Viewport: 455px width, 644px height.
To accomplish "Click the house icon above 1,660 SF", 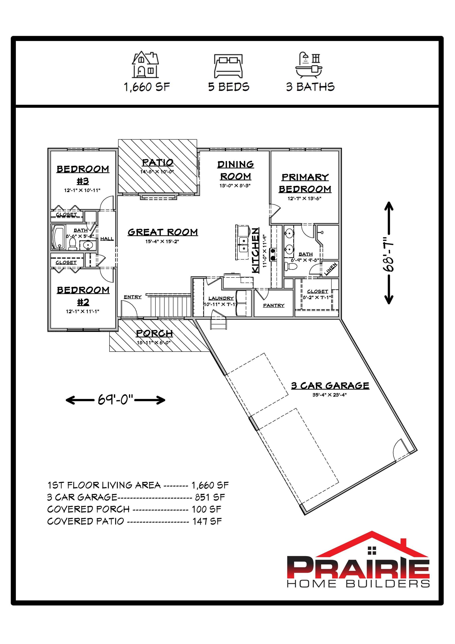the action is click(x=146, y=64).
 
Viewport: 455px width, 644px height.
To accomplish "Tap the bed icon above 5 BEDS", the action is click(x=228, y=66).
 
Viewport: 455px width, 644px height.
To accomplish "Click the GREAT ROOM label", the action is click(x=163, y=232).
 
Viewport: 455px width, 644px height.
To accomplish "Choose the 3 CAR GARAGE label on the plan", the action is click(x=330, y=386).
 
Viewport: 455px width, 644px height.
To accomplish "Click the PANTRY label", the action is click(x=274, y=305).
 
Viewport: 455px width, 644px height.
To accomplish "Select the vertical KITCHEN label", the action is click(x=255, y=250).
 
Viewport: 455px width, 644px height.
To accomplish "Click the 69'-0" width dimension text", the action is click(x=115, y=399).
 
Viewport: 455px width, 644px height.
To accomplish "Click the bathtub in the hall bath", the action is click(x=58, y=238).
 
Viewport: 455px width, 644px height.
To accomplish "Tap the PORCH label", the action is click(x=154, y=334).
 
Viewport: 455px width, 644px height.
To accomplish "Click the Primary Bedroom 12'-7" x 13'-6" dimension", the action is click(x=304, y=199).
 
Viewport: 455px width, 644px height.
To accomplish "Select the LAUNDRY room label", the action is click(x=221, y=298).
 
